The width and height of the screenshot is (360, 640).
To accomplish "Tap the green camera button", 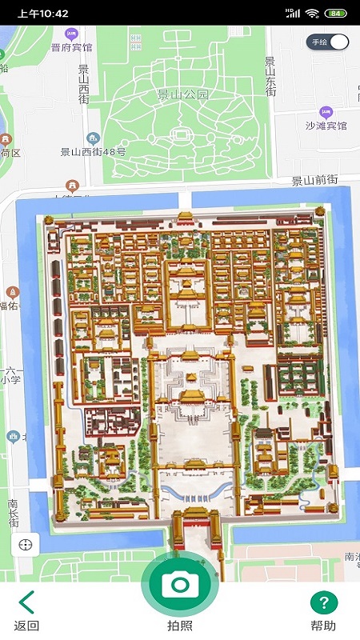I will click(x=180, y=584).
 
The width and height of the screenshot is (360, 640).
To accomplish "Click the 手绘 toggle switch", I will click(x=329, y=42).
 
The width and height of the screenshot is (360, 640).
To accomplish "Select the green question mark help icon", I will click(x=324, y=602).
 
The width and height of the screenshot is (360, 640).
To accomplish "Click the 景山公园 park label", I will click(x=182, y=94).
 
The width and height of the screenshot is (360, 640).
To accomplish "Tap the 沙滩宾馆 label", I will click(x=326, y=126).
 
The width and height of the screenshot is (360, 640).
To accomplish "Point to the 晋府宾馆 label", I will click(x=71, y=47).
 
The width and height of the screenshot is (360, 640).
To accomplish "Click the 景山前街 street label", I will click(x=314, y=181).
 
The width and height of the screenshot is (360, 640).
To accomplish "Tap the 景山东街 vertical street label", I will click(x=270, y=77).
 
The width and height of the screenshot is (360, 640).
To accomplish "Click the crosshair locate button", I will click(x=26, y=545).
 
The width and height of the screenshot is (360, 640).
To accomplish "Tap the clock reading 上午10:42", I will click(x=42, y=14).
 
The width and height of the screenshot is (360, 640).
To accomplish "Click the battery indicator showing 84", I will click(x=336, y=14).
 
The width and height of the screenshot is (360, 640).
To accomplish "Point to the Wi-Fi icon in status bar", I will click(x=312, y=14).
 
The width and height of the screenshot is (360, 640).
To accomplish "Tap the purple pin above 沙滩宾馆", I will click(x=325, y=112).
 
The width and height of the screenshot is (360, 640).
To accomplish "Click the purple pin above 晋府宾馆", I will click(x=71, y=34).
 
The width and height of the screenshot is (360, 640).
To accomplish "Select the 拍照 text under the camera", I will click(x=179, y=626).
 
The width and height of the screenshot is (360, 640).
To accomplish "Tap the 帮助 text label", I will click(x=323, y=626).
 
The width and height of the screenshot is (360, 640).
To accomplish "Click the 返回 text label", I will click(x=26, y=626).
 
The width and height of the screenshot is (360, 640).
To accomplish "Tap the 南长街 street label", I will click(x=14, y=513).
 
